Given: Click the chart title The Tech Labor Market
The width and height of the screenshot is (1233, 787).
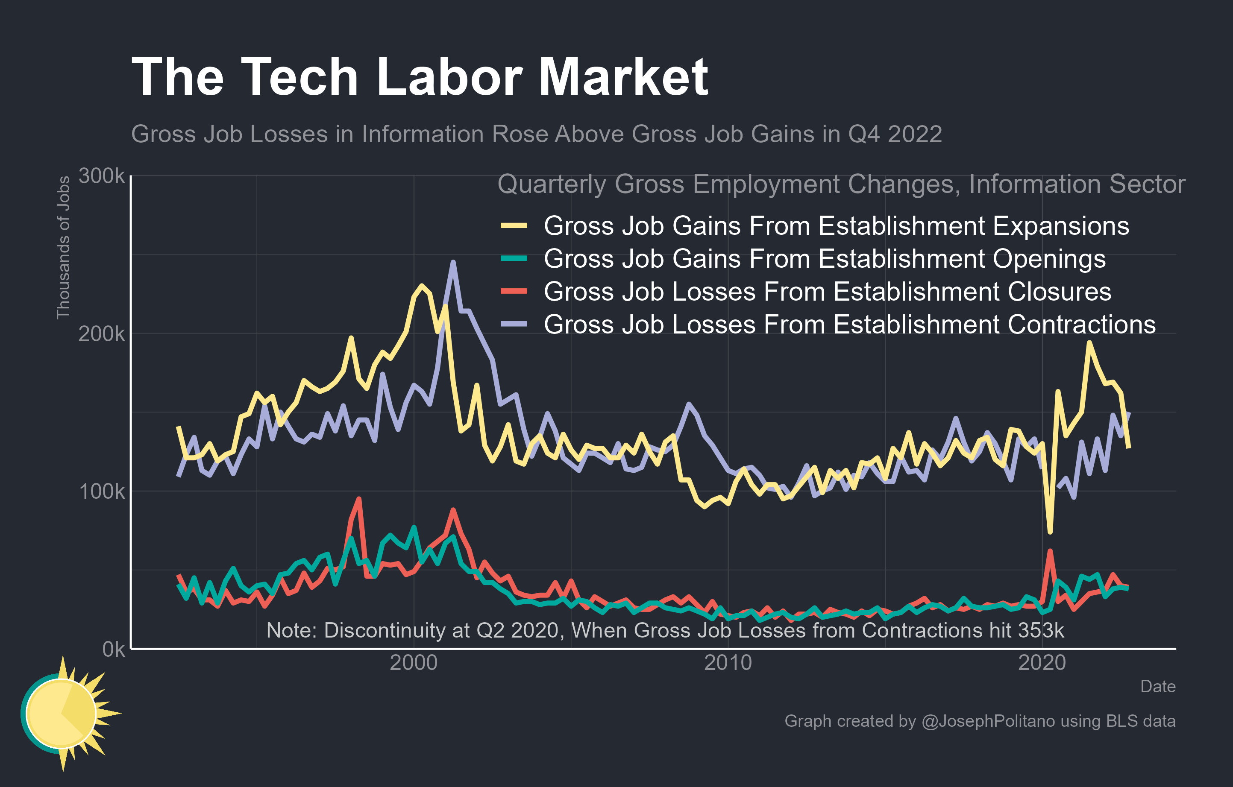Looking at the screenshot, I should coord(420,77).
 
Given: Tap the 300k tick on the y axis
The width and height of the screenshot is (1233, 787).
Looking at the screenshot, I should coord(101,176).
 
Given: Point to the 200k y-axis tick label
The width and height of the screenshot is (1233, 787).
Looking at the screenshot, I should coord(101,334).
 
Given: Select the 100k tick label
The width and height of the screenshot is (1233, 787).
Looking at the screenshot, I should coord(101,491).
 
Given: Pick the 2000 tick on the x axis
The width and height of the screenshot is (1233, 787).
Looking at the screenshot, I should coord(413,663).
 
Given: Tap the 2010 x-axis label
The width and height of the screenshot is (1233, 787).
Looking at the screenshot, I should coord(728,663).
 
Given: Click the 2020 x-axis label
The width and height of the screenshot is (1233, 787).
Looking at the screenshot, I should coord(1042,663).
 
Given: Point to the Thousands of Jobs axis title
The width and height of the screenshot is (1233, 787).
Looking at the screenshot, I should coord(63,248).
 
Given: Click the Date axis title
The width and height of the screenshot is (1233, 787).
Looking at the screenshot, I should coord(1158,686).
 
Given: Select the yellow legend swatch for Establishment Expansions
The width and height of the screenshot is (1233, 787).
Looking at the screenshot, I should coord(514,225).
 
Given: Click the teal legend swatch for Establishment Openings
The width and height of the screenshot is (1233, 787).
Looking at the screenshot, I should coord(514,258).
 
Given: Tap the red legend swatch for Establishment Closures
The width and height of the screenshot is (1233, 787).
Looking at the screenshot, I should coord(514,291).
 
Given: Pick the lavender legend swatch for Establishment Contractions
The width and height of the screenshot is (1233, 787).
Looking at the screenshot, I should coord(514,324).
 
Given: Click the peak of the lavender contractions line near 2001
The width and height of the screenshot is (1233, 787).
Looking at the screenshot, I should coord(452,263).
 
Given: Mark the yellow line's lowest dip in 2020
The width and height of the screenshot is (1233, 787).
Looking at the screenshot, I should coord(1050,532).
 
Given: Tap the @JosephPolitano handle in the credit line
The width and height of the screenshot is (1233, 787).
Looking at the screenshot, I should coord(988,721).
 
